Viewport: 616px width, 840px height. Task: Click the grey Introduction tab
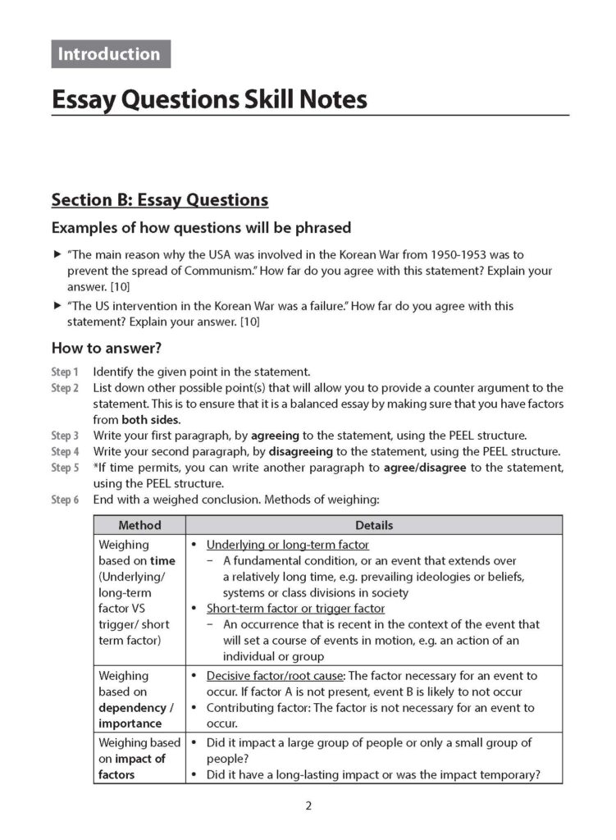(x=110, y=54)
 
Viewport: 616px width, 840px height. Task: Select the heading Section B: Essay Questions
(x=159, y=199)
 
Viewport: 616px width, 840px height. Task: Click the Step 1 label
(x=65, y=372)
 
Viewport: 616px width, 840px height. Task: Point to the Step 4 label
(x=65, y=452)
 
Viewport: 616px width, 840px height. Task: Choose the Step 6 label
(x=65, y=500)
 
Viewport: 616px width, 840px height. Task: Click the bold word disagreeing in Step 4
(x=301, y=452)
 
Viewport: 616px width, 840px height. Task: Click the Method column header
(x=139, y=525)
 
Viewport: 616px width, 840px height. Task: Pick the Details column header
(x=373, y=525)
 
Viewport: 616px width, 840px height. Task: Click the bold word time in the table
(x=163, y=560)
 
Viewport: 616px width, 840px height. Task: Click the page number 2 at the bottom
(x=308, y=806)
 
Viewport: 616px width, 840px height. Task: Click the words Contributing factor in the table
(x=254, y=707)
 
